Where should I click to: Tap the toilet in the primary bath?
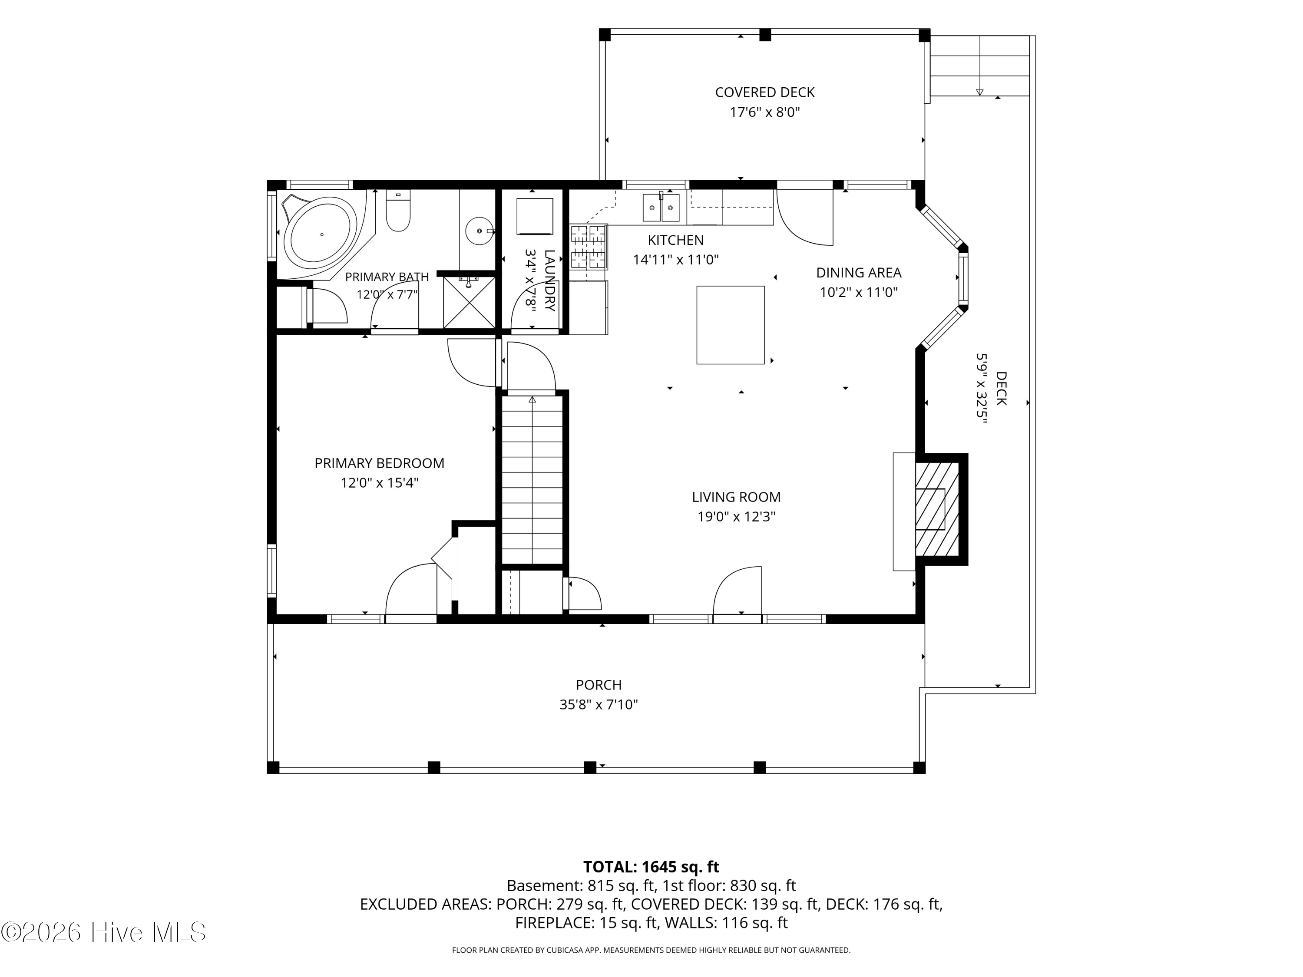coord(398,211)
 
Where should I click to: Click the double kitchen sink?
coord(661,207)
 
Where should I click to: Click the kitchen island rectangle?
coord(731,325)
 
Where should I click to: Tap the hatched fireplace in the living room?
coord(936,509)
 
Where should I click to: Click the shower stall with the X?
coord(469,301)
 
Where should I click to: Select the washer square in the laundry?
coord(535,217)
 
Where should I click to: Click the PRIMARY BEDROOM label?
coord(379,463)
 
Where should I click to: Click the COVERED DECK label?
coord(764,92)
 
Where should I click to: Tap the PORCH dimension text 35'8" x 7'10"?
coord(599,705)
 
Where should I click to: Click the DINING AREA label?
coord(859,273)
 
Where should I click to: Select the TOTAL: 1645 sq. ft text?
coord(651,867)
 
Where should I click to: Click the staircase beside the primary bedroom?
coord(532,479)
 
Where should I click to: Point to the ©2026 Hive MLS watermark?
coord(104,932)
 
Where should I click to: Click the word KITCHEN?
coord(676,240)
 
